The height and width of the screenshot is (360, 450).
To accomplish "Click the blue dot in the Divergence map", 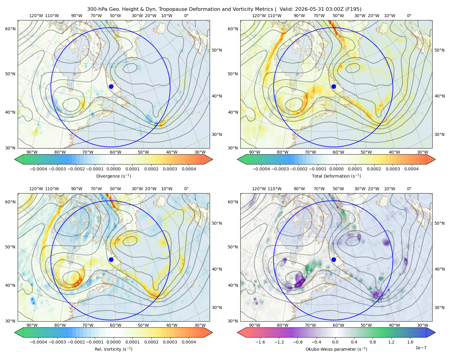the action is pyautogui.click(x=111, y=86).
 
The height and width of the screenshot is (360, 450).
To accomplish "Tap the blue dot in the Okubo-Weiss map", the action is pyautogui.click(x=334, y=259).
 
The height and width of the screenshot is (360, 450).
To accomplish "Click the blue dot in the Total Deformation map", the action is pyautogui.click(x=334, y=86).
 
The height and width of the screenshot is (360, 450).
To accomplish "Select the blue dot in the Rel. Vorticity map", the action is pyautogui.click(x=111, y=259).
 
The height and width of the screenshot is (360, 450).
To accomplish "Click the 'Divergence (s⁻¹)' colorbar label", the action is pyautogui.click(x=113, y=176).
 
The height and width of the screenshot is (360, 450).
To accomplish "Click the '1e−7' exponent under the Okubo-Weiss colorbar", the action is pyautogui.click(x=421, y=348).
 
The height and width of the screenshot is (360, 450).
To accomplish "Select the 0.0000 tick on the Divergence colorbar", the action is pyautogui.click(x=113, y=169).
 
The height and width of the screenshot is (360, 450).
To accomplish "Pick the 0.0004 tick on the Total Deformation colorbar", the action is pyautogui.click(x=411, y=169).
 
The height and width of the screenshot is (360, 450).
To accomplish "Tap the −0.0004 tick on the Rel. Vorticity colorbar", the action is pyautogui.click(x=38, y=342).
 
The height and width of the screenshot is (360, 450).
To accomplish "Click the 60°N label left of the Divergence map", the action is pyautogui.click(x=10, y=29).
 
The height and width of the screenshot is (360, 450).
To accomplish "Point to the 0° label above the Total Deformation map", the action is pyautogui.click(x=409, y=16).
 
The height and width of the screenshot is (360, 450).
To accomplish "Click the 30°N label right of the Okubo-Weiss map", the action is pyautogui.click(x=439, y=307).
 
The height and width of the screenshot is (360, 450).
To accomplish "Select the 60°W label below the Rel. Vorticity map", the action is pyautogui.click(x=115, y=325).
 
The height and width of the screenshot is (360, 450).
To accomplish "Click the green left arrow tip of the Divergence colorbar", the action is pyautogui.click(x=15, y=159).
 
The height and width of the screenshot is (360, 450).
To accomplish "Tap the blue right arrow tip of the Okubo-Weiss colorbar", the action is pyautogui.click(x=435, y=332).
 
